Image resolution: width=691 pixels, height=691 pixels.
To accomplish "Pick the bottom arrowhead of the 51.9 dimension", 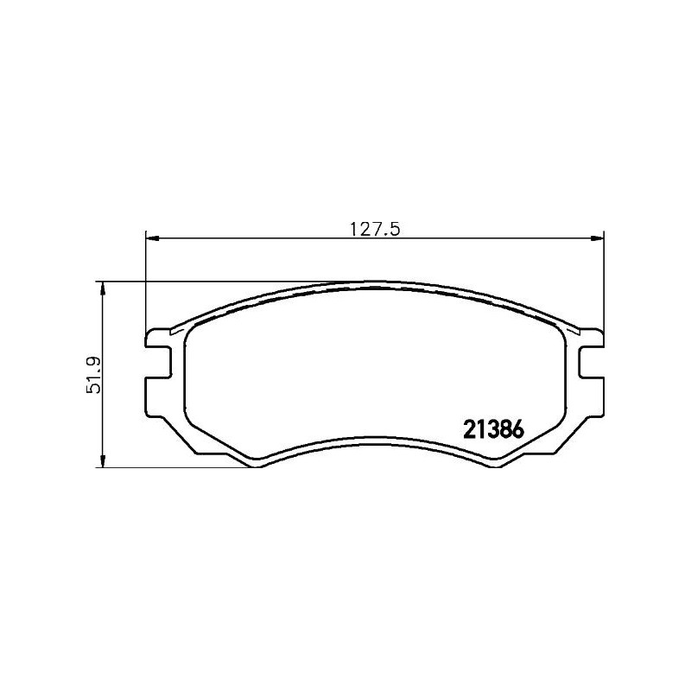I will coord(103,461).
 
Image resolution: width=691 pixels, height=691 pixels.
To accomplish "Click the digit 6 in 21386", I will coord(518,429).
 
